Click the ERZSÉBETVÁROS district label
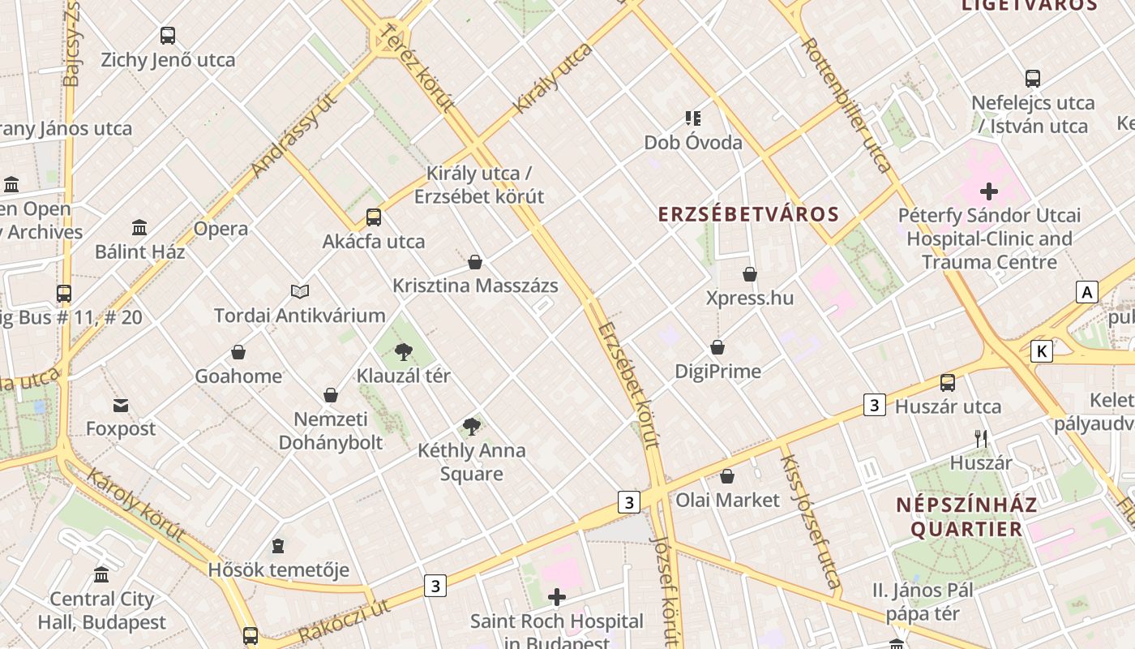[747, 214]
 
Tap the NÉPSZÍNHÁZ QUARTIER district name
[966, 517]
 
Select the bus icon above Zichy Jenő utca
[168, 36]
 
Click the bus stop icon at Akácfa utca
[373, 217]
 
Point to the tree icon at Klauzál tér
[403, 352]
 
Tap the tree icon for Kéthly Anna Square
[471, 427]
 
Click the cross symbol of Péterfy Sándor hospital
[988, 192]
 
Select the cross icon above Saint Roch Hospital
[557, 598]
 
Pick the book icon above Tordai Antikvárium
[300, 291]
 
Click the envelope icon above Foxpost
[121, 405]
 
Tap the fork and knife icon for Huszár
[981, 439]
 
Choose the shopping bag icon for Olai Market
[727, 476]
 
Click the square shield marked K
[1041, 351]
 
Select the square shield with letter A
[1086, 292]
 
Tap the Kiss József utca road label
[808, 520]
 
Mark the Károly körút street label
[135, 504]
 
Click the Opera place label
[221, 229]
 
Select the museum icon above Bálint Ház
[139, 227]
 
